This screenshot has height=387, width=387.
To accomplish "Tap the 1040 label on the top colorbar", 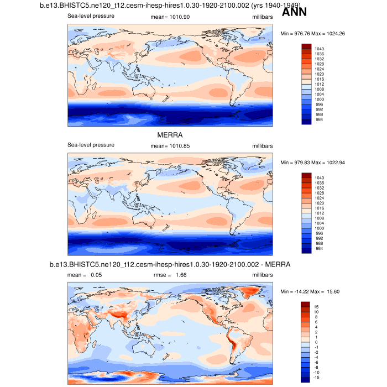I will pos(320,48).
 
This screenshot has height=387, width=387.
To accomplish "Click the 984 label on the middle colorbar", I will pos(318,249).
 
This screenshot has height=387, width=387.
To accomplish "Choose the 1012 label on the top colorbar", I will pos(320,83).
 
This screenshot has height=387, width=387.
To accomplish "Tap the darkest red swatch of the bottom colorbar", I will pos(306,305).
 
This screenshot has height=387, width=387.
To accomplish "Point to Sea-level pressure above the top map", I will pos(91,16).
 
